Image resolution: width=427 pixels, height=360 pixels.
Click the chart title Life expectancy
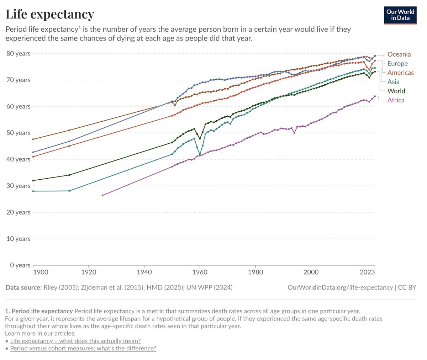coord(50,14)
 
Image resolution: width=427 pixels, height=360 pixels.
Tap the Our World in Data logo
coord(400,15)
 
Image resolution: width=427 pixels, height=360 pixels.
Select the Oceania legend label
coord(399,54)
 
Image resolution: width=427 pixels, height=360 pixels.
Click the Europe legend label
coord(397,64)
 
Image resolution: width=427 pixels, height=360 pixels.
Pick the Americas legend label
coord(400,73)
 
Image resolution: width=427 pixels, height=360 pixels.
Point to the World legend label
coord(396,91)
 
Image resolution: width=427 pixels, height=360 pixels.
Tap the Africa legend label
coord(396,100)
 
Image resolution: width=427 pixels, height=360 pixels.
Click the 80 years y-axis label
coord(18,53)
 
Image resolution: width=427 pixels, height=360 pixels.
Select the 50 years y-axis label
coord(18,133)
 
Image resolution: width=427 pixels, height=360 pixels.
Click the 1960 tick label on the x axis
coord(200,272)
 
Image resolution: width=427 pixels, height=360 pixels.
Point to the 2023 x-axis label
coord(367,272)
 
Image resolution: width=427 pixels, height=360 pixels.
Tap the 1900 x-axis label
coord(40,272)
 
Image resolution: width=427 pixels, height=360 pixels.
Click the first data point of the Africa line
coord(102,195)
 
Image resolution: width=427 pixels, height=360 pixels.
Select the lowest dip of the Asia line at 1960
coord(200,155)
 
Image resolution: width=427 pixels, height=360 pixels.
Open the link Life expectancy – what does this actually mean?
coord(75,341)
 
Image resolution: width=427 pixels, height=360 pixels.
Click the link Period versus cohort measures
coord(83,348)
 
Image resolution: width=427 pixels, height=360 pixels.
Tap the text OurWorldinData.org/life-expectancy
coord(340,287)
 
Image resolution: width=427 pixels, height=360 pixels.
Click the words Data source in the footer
coord(23,287)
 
